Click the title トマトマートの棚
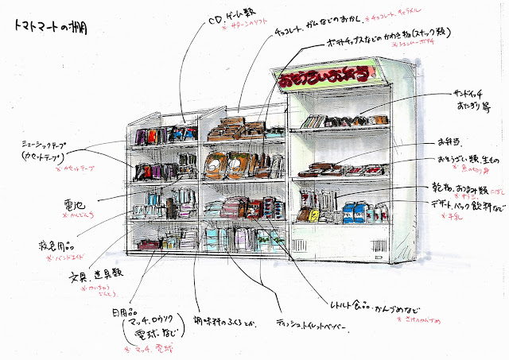(50, 25)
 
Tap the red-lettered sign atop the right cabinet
(327, 78)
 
